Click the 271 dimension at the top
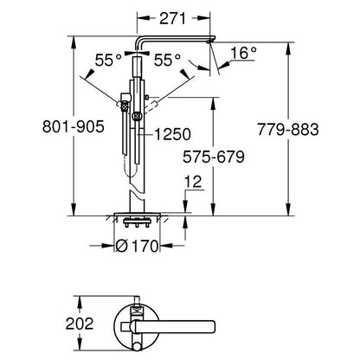click(x=173, y=18)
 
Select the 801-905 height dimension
click(x=74, y=126)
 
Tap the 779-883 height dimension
click(x=288, y=130)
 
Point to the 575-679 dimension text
click(x=214, y=157)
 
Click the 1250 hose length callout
click(x=173, y=134)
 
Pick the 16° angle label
click(x=243, y=53)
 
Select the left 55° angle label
click(x=108, y=61)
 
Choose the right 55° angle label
click(x=167, y=61)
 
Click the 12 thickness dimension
click(x=194, y=182)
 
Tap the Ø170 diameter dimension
click(x=138, y=246)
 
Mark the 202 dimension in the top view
click(x=80, y=324)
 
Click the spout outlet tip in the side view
click(x=209, y=42)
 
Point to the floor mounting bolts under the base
click(x=137, y=223)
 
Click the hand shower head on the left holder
click(x=125, y=106)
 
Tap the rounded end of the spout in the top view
click(x=212, y=327)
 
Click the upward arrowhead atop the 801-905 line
click(x=74, y=42)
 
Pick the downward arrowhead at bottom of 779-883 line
click(x=288, y=209)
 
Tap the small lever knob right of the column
click(x=146, y=97)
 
